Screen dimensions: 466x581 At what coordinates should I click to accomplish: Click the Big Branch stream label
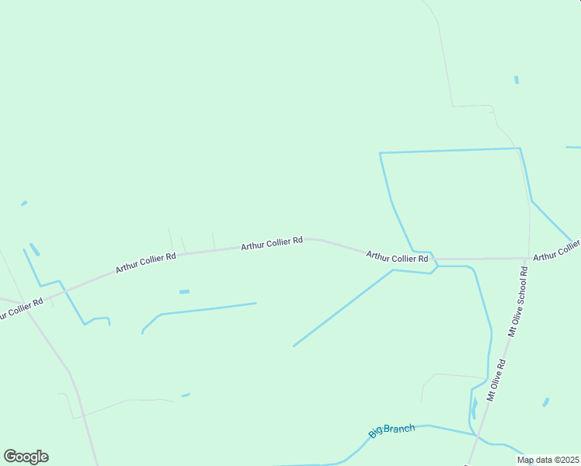(391, 429)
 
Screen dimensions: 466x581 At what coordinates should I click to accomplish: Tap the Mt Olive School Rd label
(518, 301)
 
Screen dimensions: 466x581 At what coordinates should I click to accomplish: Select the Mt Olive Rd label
(496, 379)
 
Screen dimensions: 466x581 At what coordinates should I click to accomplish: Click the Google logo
(26, 457)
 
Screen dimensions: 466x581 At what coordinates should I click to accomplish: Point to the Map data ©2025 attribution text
(548, 460)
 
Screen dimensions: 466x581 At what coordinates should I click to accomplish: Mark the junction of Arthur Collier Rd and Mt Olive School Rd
(529, 258)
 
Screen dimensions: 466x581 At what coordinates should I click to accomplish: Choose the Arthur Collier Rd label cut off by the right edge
(557, 250)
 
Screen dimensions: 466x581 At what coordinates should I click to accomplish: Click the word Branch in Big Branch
(399, 428)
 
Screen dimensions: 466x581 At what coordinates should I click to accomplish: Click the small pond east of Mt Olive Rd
(546, 402)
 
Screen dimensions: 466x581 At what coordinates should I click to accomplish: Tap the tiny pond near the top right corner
(517, 79)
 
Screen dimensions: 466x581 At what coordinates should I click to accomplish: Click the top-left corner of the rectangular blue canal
(380, 153)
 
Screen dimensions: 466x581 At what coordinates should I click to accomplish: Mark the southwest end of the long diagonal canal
(294, 346)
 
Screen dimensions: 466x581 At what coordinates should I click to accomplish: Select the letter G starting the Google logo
(10, 456)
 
